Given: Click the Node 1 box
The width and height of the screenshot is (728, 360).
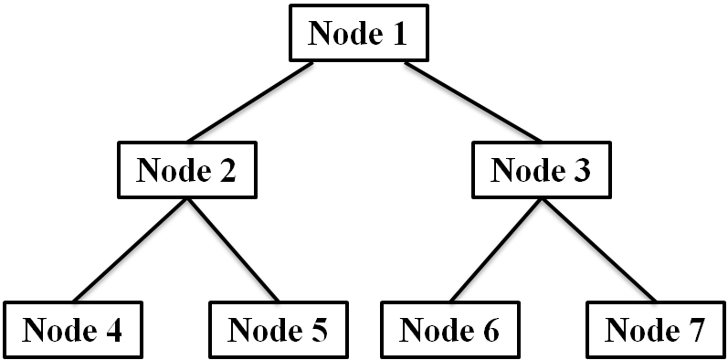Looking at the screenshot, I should pos(358,34).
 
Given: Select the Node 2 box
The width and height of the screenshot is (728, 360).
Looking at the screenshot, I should pos(186,171).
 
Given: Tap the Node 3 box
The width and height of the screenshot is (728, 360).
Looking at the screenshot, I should pos(541,171).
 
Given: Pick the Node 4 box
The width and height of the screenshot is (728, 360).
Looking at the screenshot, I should pos(72,330).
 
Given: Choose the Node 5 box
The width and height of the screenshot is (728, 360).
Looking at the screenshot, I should pos(278,330).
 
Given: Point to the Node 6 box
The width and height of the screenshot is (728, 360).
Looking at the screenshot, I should pos(449,330).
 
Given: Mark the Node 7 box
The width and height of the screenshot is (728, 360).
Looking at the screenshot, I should pos(655,330).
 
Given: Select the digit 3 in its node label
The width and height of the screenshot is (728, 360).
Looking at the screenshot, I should pos(581,171).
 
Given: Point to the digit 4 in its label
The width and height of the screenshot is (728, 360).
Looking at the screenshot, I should pos(112,330).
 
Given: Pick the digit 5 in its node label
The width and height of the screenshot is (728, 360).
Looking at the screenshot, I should pos(318,330).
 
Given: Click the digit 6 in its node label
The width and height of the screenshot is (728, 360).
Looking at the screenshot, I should pos(490,330).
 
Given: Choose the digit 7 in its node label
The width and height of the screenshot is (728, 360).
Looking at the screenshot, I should pos(695,330).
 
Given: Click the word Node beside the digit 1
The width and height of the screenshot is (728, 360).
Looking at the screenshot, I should pos(344,34).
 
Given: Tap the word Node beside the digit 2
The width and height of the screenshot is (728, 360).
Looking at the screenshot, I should pos(173,171).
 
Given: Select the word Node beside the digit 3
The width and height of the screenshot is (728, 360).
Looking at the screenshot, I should pos(527,171).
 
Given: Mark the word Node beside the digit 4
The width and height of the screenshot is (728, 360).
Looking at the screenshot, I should pos(58,330).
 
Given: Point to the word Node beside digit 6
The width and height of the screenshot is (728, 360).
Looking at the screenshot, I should pos(436,330).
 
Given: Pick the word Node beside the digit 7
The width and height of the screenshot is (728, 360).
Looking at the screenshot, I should pos(641,330).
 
